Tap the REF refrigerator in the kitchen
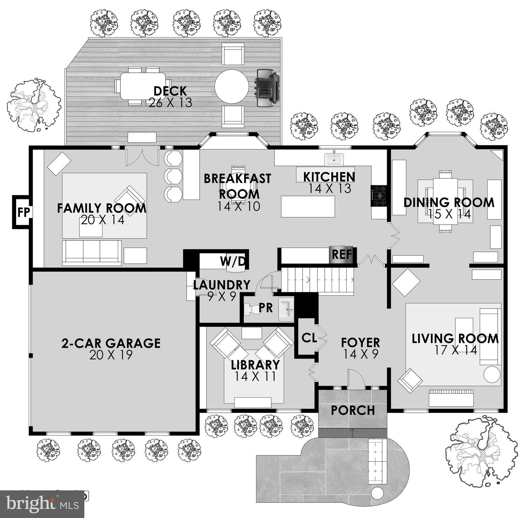click(x=342, y=254)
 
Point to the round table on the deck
click(x=231, y=86)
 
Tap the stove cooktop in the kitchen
click(x=378, y=196)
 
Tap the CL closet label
click(x=309, y=338)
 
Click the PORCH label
click(x=353, y=410)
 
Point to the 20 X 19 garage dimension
click(x=111, y=355)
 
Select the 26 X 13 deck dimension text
click(x=170, y=103)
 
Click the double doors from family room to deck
click(x=142, y=157)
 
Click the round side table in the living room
click(x=492, y=375)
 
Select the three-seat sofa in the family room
click(x=92, y=252)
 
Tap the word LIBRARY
click(x=255, y=365)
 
